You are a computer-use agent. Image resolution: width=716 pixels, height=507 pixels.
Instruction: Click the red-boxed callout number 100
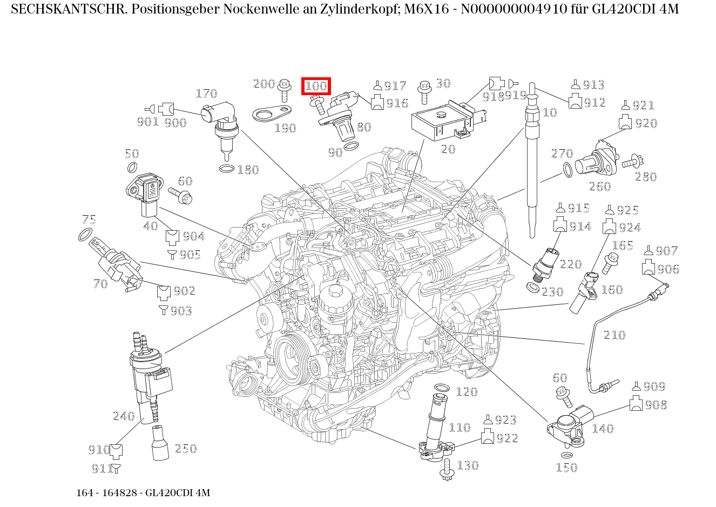click(316, 86)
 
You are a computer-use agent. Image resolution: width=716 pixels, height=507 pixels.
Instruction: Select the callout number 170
click(206, 94)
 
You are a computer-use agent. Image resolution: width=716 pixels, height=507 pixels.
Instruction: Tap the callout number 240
click(123, 416)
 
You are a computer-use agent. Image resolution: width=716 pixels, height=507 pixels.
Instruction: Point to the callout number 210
click(614, 335)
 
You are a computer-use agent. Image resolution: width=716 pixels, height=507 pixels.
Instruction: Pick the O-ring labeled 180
click(227, 169)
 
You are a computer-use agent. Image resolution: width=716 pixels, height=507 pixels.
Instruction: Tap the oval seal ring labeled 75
click(85, 235)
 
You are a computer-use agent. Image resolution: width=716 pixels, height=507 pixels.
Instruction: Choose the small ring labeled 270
click(568, 170)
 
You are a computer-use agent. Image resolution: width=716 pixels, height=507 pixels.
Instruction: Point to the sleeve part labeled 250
click(160, 443)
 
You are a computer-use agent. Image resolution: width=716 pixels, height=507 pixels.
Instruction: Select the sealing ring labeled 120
click(442, 389)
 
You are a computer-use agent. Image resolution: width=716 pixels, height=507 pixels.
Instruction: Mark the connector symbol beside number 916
click(377, 102)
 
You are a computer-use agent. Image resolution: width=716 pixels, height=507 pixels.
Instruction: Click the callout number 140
click(603, 429)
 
